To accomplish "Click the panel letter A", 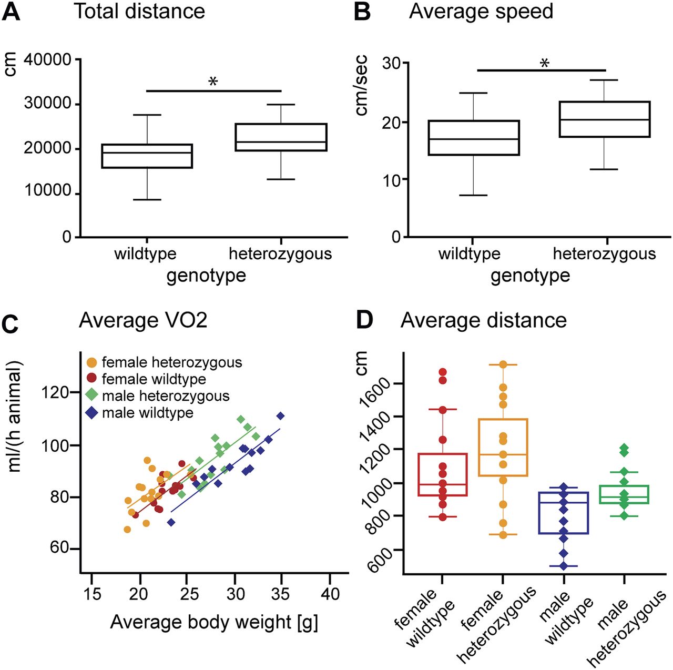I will point(11,12).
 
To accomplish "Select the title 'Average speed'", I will point(481,11).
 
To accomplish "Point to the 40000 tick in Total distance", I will point(47,60).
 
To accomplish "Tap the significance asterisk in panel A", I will point(213,82).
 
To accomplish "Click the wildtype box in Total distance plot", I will point(147,156).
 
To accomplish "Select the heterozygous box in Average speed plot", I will point(605,119).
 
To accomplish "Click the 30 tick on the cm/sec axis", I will point(392,64).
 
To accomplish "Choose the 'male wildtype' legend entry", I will point(147,413).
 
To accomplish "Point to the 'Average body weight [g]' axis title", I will point(214,622).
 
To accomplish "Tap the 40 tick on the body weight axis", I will point(330,594).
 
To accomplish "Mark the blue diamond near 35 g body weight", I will point(281,416).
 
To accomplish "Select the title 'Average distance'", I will point(483,320).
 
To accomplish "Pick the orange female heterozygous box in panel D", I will point(503,448).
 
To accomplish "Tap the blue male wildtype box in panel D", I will point(564,513).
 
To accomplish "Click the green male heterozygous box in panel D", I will point(624,494).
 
